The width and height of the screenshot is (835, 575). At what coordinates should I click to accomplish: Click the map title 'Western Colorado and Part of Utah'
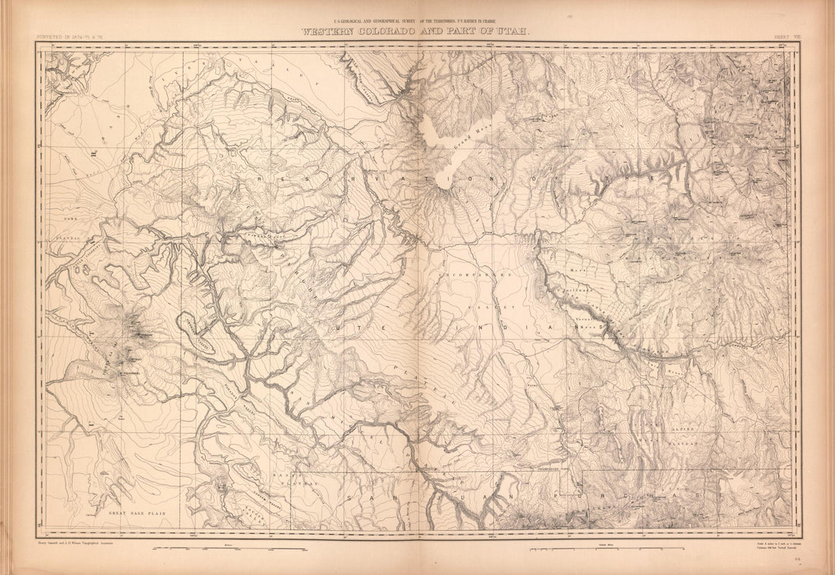(x=416, y=32)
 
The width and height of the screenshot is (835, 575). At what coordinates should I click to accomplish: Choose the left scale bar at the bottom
(x=228, y=548)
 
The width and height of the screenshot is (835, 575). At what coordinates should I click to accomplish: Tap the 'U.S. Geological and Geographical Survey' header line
(x=416, y=22)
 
